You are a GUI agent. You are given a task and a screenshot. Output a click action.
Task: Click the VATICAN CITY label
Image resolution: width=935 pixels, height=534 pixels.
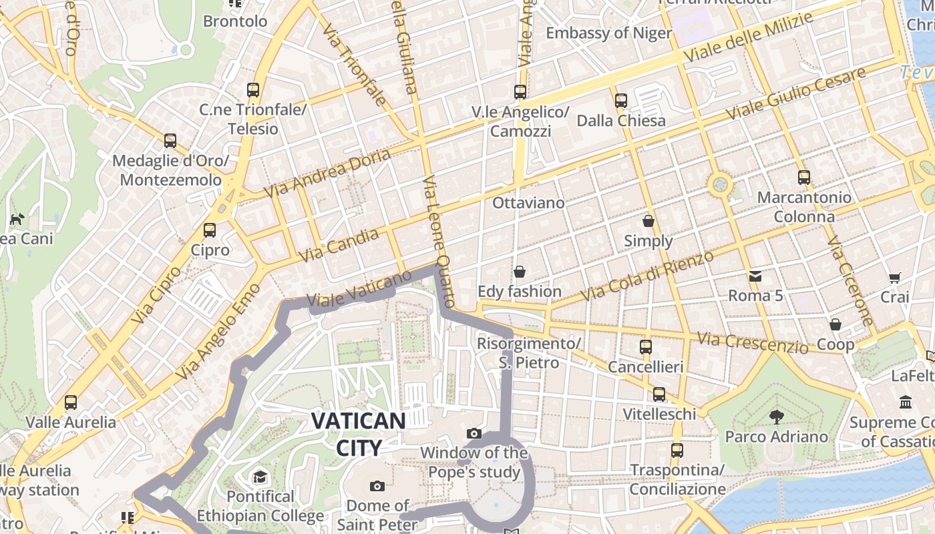pos(358,434)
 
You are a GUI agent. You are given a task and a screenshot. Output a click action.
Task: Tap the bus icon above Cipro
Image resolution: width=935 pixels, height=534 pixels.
pos(210,230)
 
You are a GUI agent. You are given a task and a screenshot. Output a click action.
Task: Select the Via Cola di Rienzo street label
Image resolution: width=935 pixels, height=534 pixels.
pos(646,275)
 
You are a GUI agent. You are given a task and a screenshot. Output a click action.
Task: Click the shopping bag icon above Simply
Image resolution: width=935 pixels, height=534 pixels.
pos(648,221)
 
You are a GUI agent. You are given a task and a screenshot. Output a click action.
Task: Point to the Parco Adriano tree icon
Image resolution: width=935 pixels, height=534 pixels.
pos(776,417)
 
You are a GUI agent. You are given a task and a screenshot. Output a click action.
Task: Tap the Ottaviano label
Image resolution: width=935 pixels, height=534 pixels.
pos(528,202)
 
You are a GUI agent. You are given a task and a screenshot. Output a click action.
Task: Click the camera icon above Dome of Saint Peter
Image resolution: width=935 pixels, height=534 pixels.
pos(377,486)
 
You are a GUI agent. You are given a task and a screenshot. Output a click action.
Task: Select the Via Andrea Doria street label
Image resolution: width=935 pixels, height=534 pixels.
pos(327,173)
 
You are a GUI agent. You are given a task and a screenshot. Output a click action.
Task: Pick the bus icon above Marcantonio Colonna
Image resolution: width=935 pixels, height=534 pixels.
pos(804,178)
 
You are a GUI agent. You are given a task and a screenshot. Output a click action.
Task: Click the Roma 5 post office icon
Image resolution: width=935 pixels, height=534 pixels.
pos(755,276)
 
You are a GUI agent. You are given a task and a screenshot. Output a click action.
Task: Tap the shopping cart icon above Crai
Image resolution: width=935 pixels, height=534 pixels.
pos(895,278)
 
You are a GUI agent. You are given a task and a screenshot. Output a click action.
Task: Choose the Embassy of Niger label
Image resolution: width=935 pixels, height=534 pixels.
pos(608,33)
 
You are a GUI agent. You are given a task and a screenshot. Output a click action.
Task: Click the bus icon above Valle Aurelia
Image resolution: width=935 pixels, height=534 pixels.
pos(71,403)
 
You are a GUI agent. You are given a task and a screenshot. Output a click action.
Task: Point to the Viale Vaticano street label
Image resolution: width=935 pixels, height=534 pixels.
pos(359,288)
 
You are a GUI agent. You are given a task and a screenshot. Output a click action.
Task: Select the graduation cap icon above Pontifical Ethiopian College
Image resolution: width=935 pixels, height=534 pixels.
pos(259,477)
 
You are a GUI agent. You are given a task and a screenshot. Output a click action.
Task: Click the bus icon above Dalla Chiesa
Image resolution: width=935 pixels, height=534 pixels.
pos(621,101)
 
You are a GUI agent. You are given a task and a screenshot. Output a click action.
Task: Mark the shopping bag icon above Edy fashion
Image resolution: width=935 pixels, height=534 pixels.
pos(520,272)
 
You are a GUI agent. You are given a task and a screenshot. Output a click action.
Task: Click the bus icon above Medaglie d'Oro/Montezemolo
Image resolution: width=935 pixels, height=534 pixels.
pos(170,141)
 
